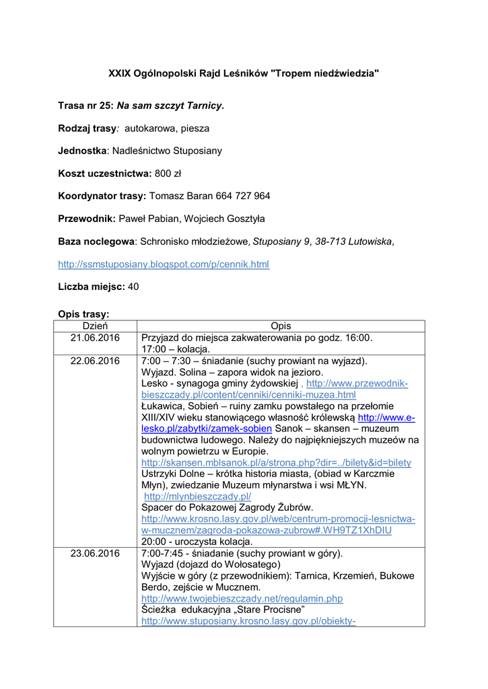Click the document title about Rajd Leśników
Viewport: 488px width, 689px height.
pos(244,73)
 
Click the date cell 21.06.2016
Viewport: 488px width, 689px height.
pos(95,338)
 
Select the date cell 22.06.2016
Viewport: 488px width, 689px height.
pos(95,361)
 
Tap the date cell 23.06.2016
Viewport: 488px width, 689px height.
pos(95,554)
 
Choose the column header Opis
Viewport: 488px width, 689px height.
pos(281,326)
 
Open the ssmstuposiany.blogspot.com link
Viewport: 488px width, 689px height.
pos(164,264)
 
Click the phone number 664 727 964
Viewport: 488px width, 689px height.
pos(243,196)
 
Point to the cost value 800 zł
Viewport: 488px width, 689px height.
pos(168,174)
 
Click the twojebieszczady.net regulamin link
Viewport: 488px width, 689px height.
pos(242,598)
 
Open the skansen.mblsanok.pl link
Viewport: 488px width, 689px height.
pos(276,463)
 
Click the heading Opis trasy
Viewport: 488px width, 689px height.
pos(83,314)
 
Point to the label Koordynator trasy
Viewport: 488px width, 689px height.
pos(102,196)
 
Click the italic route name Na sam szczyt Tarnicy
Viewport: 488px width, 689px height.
pos(170,106)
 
